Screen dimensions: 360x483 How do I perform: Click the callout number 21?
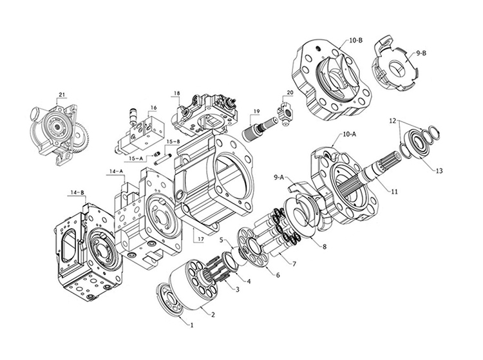coord(62,95)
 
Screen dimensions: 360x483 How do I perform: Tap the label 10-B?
coord(356,40)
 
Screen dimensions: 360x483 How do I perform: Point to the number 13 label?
coord(439,171)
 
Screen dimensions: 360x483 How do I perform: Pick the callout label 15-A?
coord(135,158)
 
